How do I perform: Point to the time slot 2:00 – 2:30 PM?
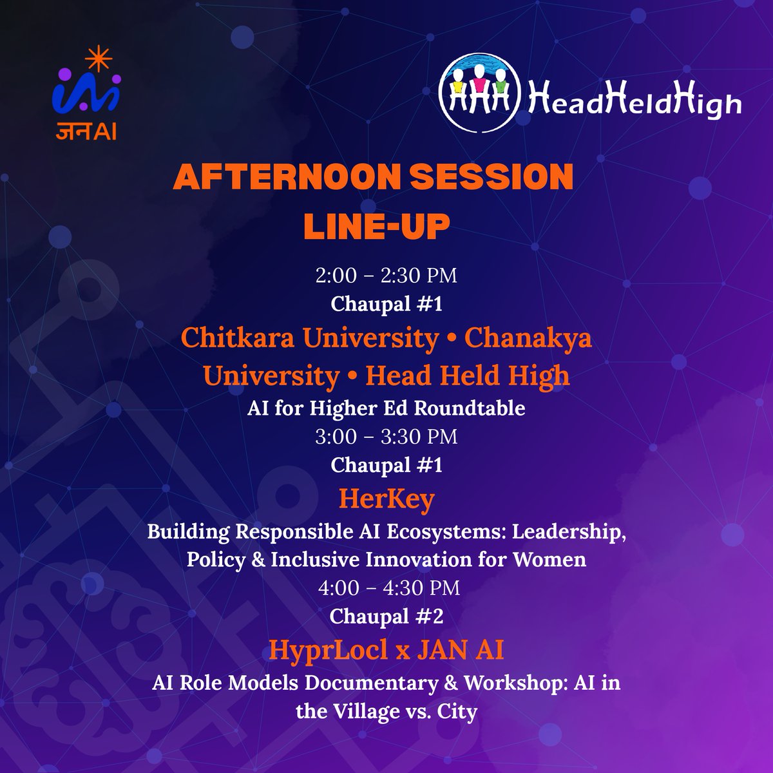(x=386, y=276)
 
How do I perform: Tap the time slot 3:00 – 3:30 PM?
(x=386, y=437)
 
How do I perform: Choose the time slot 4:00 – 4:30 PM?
(x=386, y=588)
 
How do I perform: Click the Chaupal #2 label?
(x=386, y=616)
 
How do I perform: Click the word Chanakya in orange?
(x=528, y=338)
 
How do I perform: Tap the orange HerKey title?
(x=386, y=499)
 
